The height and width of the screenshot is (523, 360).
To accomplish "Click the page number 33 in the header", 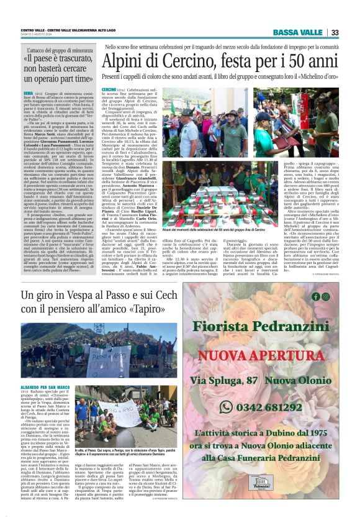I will point(335,32).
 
